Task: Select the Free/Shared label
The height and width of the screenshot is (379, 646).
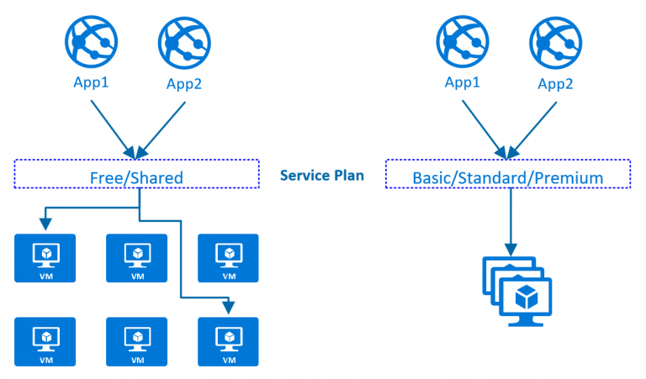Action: click(136, 177)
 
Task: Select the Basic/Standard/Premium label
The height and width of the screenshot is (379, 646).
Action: click(507, 177)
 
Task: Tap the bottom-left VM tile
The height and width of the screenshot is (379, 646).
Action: click(45, 341)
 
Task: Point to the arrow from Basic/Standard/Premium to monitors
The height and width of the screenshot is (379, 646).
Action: click(508, 218)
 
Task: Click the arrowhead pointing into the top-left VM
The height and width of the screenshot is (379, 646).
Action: click(45, 224)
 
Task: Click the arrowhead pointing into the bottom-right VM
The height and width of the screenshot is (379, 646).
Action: click(227, 308)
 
